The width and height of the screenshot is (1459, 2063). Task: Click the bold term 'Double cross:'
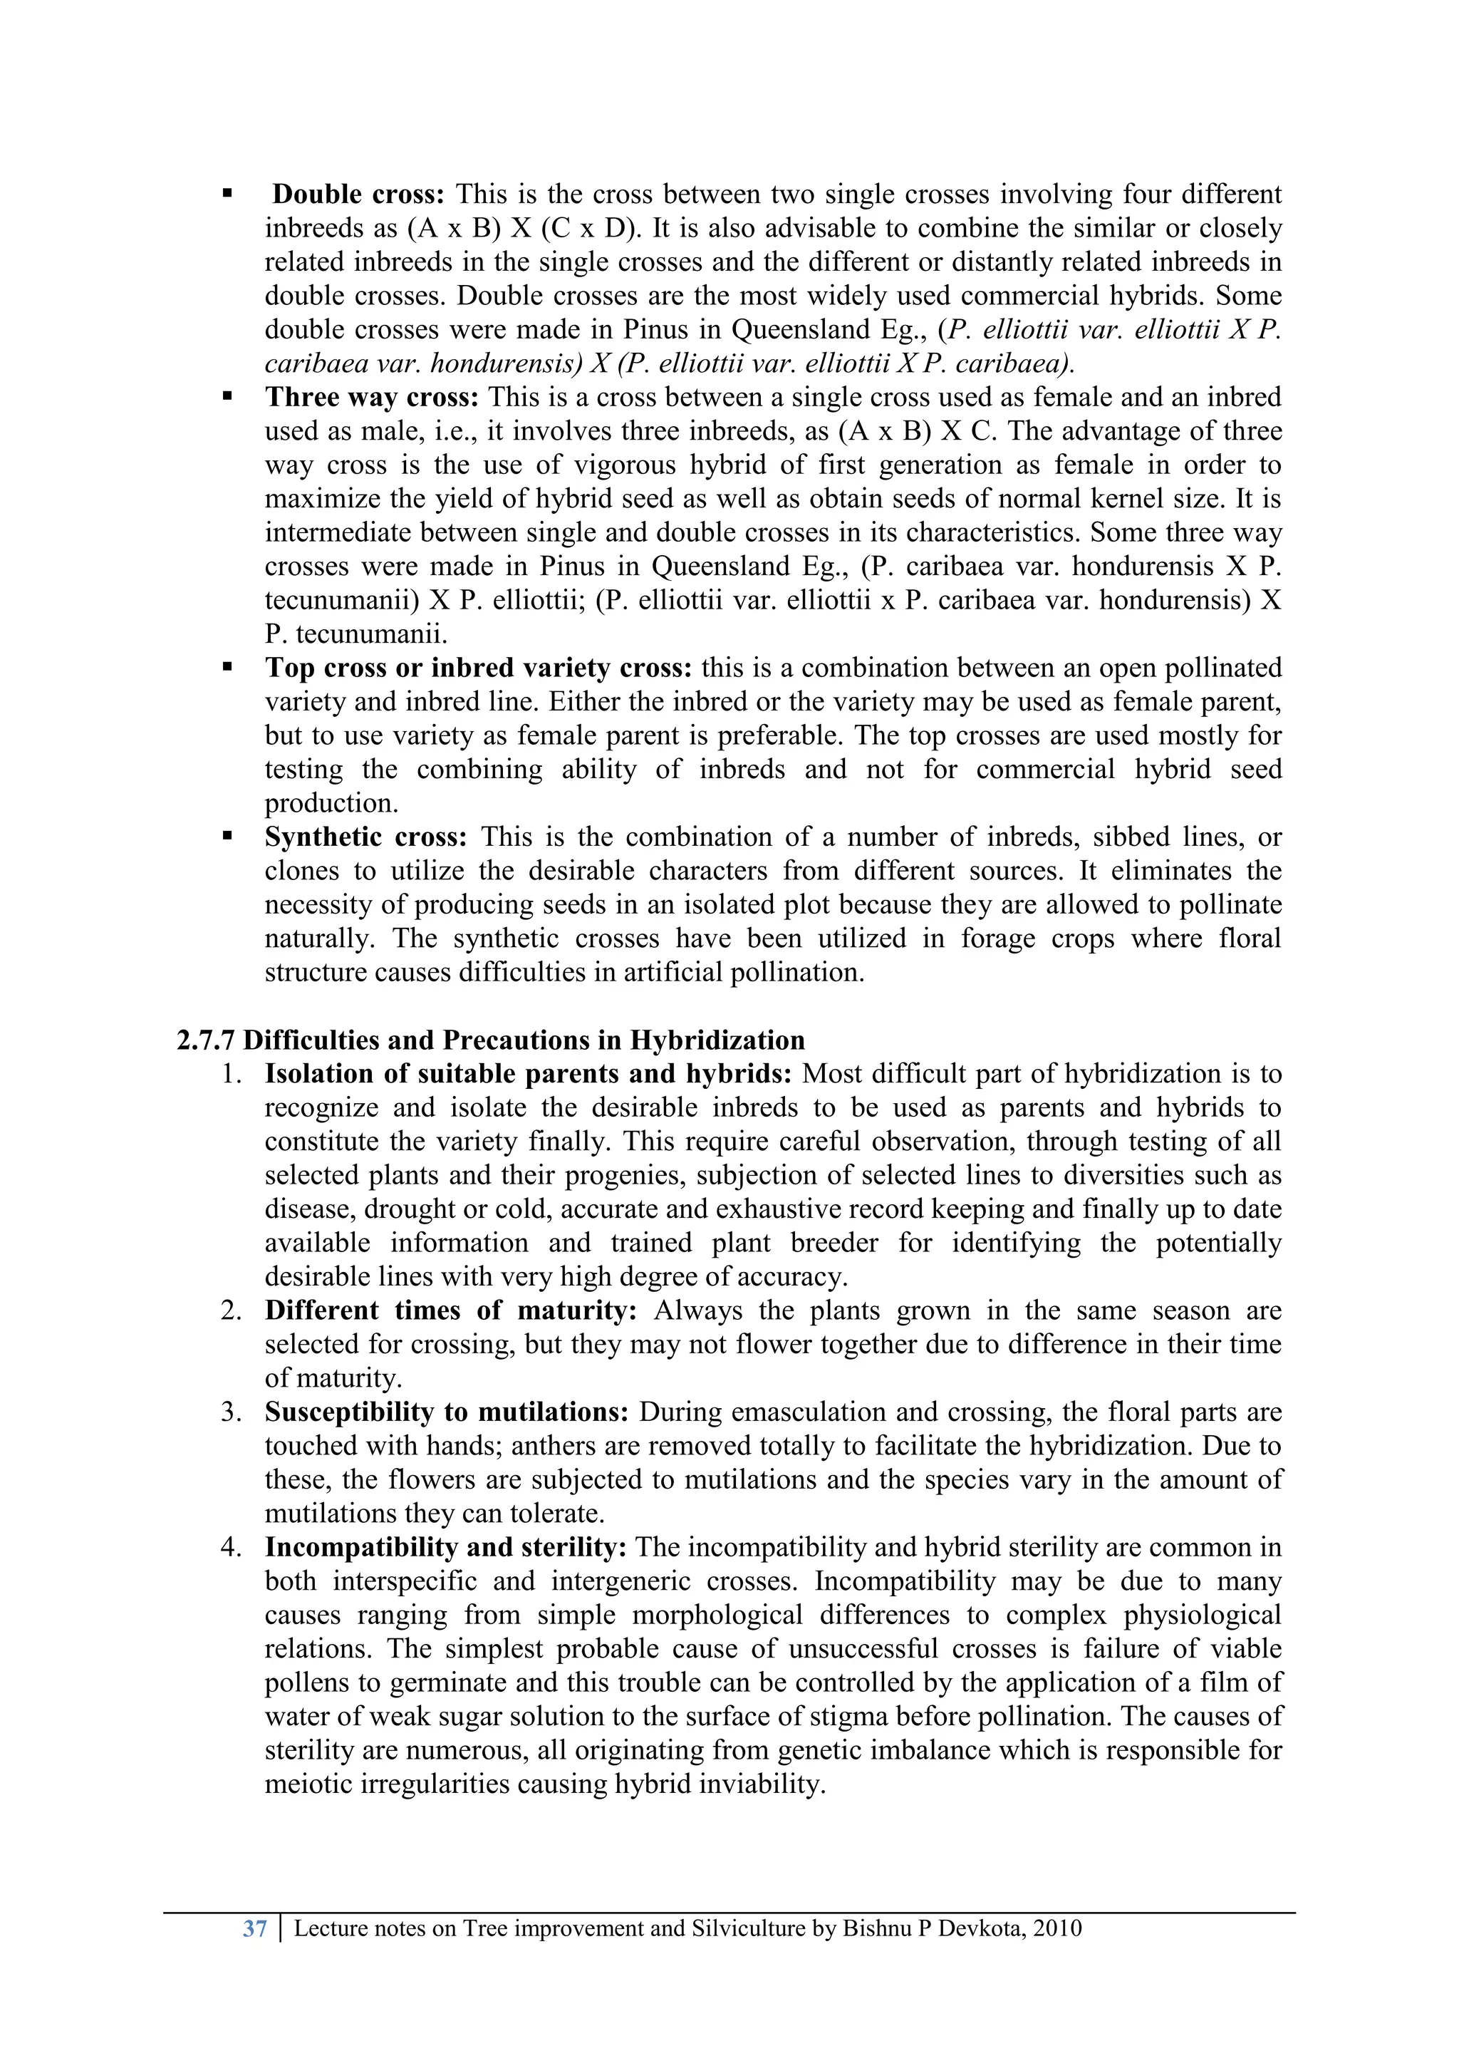[358, 194]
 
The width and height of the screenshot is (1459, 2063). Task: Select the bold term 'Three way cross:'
[372, 397]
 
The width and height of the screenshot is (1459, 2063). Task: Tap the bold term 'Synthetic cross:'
[365, 837]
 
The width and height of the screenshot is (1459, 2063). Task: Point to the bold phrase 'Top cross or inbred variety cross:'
[478, 668]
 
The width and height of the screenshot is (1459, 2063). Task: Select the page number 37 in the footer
[255, 1928]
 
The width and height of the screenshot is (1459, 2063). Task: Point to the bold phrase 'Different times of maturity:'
[450, 1311]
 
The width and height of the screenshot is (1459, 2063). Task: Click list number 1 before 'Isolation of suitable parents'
[231, 1074]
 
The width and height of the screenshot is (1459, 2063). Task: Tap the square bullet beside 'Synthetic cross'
[227, 836]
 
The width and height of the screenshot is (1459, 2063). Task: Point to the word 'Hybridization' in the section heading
[717, 1040]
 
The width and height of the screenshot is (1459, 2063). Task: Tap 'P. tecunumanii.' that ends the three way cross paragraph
[355, 634]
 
